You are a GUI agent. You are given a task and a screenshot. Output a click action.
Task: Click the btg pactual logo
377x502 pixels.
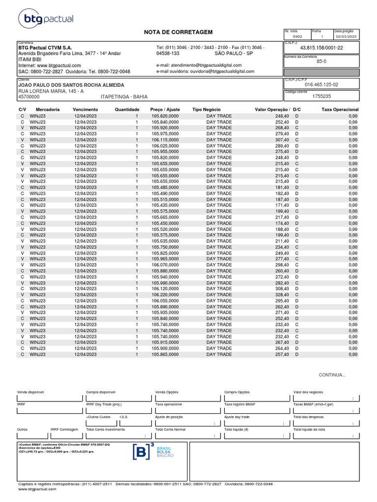(45, 19)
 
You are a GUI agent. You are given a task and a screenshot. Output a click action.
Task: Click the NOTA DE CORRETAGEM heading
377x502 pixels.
(178, 32)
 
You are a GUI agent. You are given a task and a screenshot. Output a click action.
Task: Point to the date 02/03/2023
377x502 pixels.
(347, 37)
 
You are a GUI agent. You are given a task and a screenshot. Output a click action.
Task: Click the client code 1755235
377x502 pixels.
(321, 97)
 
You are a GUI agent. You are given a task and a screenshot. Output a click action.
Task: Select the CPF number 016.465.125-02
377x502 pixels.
(321, 84)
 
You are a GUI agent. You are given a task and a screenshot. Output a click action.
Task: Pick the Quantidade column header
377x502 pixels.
(127, 109)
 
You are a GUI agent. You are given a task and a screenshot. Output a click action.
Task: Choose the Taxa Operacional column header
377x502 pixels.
(340, 109)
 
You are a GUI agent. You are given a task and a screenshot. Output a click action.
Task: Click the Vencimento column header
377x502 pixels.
(85, 109)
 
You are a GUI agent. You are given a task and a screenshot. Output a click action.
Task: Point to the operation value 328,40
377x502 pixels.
(281, 295)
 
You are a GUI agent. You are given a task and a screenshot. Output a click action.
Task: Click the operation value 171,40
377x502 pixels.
(281, 205)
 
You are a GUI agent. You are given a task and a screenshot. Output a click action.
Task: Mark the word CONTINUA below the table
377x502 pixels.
(332, 375)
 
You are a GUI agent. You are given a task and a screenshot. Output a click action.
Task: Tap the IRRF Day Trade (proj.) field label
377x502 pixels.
(104, 404)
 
